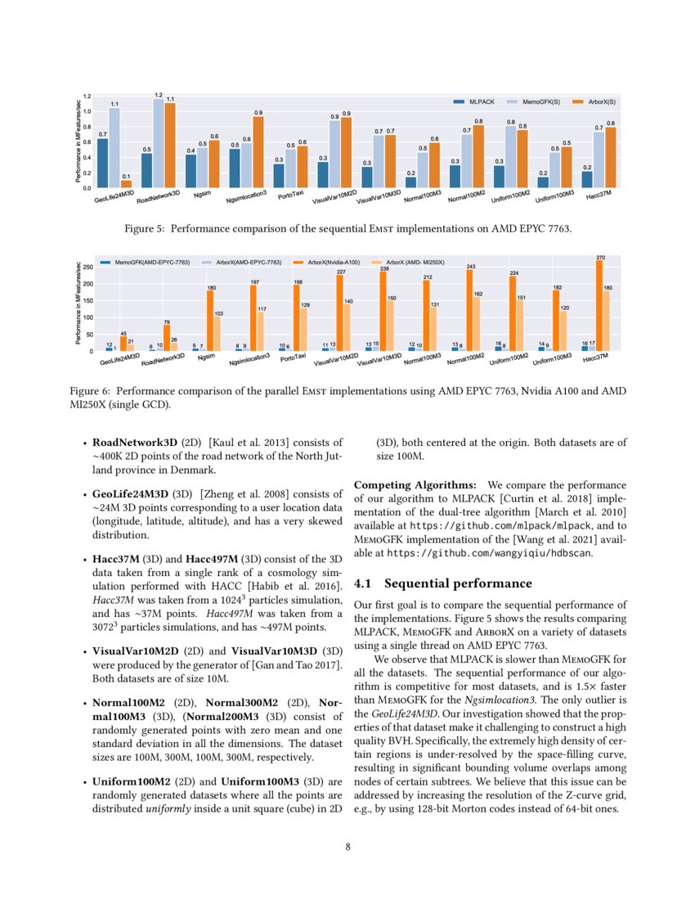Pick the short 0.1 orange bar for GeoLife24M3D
(x=126, y=184)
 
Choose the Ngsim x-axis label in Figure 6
(x=205, y=358)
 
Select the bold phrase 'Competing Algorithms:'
(x=417, y=484)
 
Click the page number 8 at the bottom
(x=347, y=847)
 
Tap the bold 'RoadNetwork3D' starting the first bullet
(x=134, y=443)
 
